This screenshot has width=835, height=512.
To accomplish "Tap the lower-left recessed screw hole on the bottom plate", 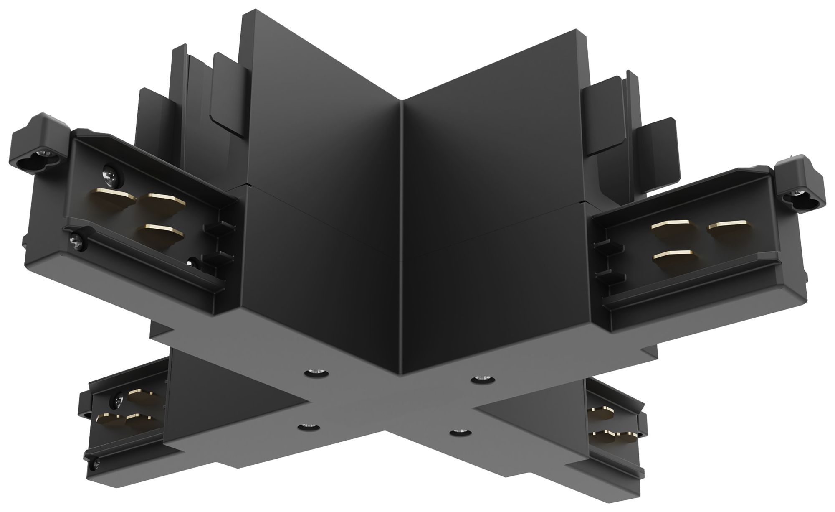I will [x=309, y=426].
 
